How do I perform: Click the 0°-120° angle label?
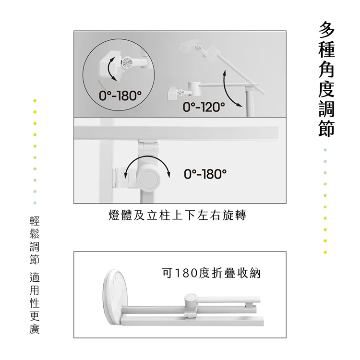pyautogui.click(x=204, y=107)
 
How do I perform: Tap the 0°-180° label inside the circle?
pyautogui.click(x=120, y=96)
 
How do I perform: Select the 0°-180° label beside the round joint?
pyautogui.click(x=205, y=174)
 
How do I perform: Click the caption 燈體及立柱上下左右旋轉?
pyautogui.click(x=177, y=216)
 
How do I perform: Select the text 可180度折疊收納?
pyautogui.click(x=211, y=273)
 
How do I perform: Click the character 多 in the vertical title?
pyautogui.click(x=326, y=30)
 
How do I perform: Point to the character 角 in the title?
pyautogui.click(x=326, y=69)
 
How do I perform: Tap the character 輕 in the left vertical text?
pyautogui.click(x=35, y=221)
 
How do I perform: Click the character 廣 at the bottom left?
pyautogui.click(x=35, y=329)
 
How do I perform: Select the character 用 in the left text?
pyautogui.click(x=35, y=290)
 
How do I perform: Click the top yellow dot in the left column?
pyautogui.click(x=35, y=101)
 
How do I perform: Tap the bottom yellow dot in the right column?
pyautogui.click(x=325, y=252)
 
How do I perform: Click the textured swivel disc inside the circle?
pyautogui.click(x=127, y=63)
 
